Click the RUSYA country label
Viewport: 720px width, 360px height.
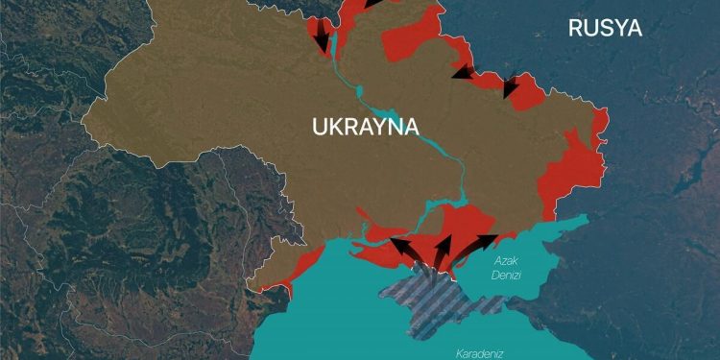click(605, 28)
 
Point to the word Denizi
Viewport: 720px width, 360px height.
click(507, 276)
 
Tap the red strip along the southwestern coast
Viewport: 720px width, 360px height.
click(305, 263)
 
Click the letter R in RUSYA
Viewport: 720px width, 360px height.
click(576, 28)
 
